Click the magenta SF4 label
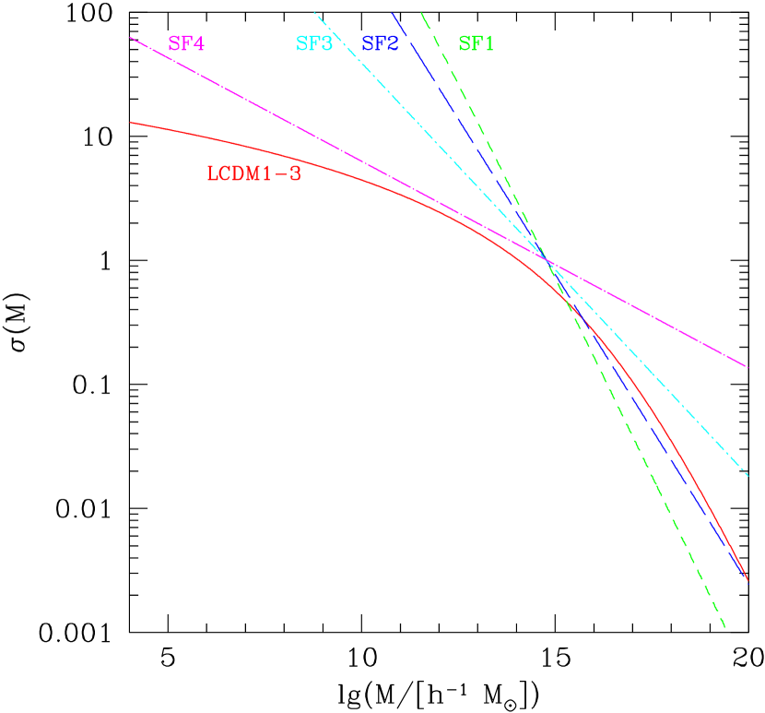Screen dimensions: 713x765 click(186, 44)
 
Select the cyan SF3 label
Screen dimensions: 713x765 click(313, 44)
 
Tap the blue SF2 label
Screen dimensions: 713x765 click(380, 44)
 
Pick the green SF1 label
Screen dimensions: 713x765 click(476, 44)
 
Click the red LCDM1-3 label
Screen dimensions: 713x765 click(253, 173)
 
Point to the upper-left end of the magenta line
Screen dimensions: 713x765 click(131, 38)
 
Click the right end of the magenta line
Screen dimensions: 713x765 click(747, 366)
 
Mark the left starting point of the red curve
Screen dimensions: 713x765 click(131, 122)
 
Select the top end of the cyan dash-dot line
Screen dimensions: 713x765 click(314, 12)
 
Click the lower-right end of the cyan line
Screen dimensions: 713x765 click(747, 476)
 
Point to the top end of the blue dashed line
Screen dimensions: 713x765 click(392, 12)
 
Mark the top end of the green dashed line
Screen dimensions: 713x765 click(420, 12)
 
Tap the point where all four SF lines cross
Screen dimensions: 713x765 click(547, 261)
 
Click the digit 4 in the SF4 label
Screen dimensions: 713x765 click(199, 44)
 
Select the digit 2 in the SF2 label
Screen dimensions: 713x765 click(393, 44)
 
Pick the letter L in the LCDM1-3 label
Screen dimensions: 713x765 click(212, 173)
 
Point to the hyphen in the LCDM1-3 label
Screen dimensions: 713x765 click(283, 173)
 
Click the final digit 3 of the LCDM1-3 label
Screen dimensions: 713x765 click(296, 173)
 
